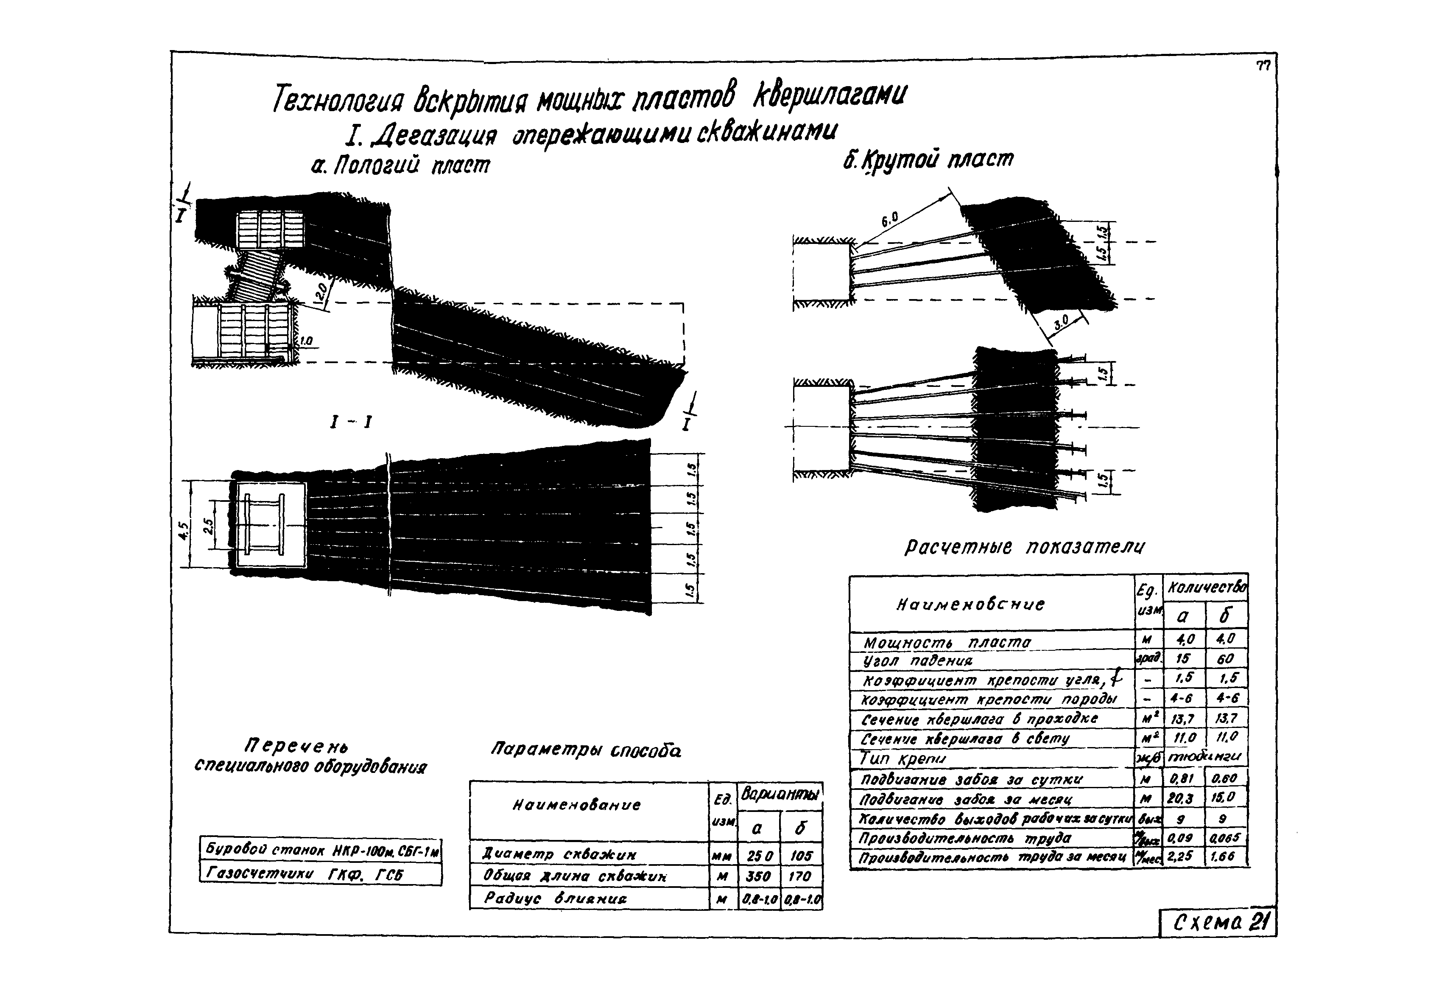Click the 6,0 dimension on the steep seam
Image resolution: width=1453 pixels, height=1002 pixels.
coord(889,219)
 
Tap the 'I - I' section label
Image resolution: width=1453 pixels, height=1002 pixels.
coord(351,423)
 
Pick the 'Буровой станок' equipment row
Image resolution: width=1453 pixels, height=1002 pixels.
coord(320,850)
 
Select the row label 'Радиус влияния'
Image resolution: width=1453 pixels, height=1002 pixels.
coord(556,898)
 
